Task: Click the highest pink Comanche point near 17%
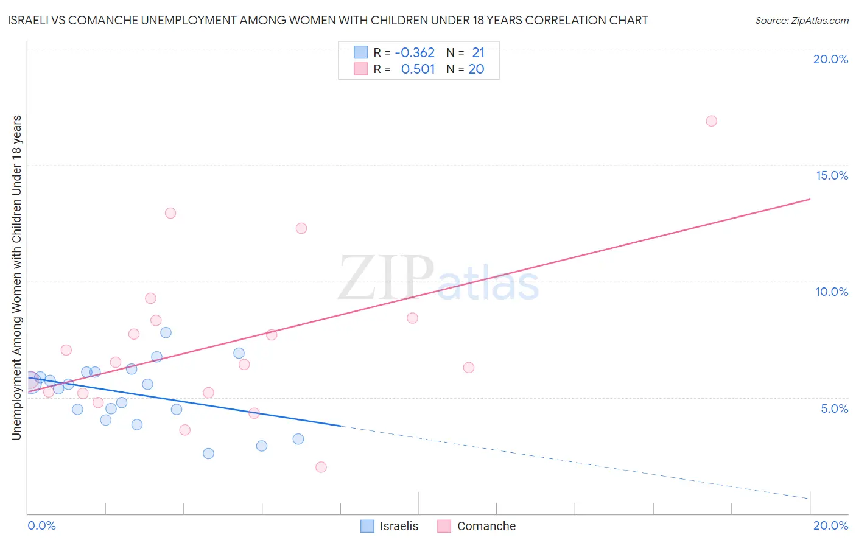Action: tap(711, 121)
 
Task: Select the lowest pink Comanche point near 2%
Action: tap(321, 467)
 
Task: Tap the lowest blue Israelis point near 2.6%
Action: tap(208, 454)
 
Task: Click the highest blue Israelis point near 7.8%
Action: tap(166, 332)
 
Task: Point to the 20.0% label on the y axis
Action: tap(830, 59)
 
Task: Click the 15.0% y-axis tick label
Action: tap(832, 175)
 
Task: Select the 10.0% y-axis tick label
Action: tap(832, 292)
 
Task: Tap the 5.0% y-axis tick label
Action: tap(834, 408)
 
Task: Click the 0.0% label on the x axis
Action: tap(41, 525)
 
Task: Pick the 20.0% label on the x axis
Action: tap(830, 525)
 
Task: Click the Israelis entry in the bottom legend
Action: tap(399, 526)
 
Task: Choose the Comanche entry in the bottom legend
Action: tap(486, 526)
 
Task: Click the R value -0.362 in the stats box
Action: tap(415, 53)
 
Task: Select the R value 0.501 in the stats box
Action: tap(418, 69)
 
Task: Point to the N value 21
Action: tap(478, 53)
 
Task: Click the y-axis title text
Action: tap(16, 277)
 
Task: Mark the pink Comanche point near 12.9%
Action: tap(170, 213)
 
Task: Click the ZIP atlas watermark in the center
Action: tap(438, 279)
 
